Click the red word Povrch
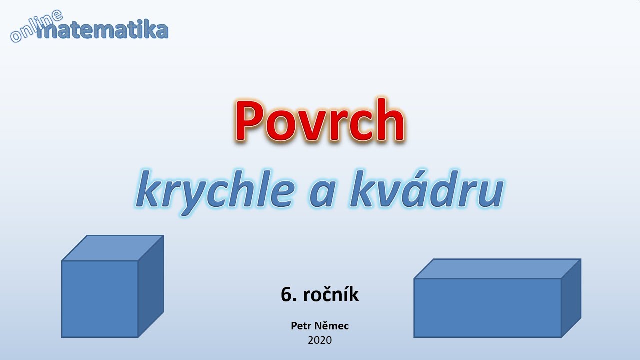tap(320, 121)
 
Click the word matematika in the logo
tap(102, 31)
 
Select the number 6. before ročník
tap(288, 295)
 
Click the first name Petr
tap(301, 326)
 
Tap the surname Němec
tap(332, 326)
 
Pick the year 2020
tap(320, 340)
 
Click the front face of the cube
tap(100, 299)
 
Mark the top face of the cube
tap(113, 248)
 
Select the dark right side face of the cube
tap(151, 286)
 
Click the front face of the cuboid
tap(487, 308)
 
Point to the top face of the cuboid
tap(497, 269)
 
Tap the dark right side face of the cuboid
tap(571, 297)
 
